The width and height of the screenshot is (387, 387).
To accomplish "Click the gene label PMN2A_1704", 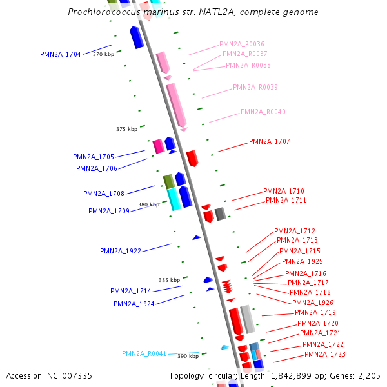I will tap(60, 54).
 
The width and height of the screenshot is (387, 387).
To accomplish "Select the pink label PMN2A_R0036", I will tap(241, 44).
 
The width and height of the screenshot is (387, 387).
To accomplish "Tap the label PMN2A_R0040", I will tap(263, 112).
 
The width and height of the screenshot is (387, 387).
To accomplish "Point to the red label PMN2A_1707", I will tap(270, 141).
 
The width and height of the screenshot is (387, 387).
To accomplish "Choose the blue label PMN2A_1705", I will tap(93, 157).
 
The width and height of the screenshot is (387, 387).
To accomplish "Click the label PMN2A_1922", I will tap(120, 251).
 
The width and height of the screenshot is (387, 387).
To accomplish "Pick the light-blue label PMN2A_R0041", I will tap(144, 353).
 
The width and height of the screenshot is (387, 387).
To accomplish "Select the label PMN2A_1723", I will tap(324, 354).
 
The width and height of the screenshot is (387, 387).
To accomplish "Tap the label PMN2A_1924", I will tap(134, 304).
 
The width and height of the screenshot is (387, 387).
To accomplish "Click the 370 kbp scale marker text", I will tap(103, 55).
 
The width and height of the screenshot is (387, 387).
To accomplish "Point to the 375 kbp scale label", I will tap(126, 129).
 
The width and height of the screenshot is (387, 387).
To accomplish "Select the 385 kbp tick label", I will tap(169, 280).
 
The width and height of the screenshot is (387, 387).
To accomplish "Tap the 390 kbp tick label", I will tap(188, 356).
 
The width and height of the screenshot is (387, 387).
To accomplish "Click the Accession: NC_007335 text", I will tap(49, 375).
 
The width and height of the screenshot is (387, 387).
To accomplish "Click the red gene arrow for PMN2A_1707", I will tap(192, 157).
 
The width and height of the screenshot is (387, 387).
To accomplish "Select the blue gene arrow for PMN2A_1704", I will tap(136, 37).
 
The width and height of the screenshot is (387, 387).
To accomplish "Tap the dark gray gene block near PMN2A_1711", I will tap(220, 213).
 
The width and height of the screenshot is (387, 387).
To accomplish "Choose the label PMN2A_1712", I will tap(295, 231).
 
